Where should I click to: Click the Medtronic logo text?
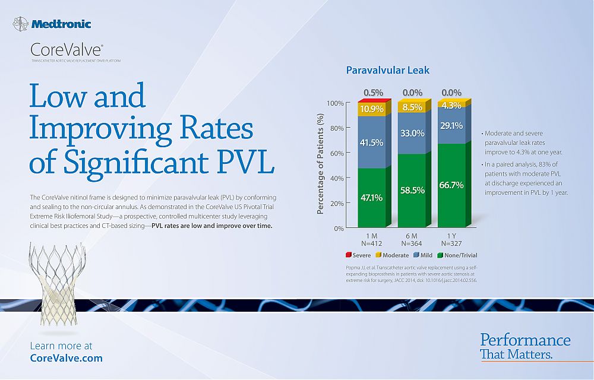[61, 24]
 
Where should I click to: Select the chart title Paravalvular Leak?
[388, 70]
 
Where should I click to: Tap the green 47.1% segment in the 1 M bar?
[371, 197]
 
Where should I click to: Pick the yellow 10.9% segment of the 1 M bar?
[371, 109]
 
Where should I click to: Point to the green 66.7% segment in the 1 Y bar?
[451, 185]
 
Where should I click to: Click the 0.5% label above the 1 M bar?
[372, 93]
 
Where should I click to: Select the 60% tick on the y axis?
[336, 153]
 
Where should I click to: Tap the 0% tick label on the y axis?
[339, 228]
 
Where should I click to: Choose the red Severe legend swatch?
[349, 255]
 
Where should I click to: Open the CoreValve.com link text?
[66, 358]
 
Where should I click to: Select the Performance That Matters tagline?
[525, 347]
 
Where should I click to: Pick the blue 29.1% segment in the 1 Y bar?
[451, 126]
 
